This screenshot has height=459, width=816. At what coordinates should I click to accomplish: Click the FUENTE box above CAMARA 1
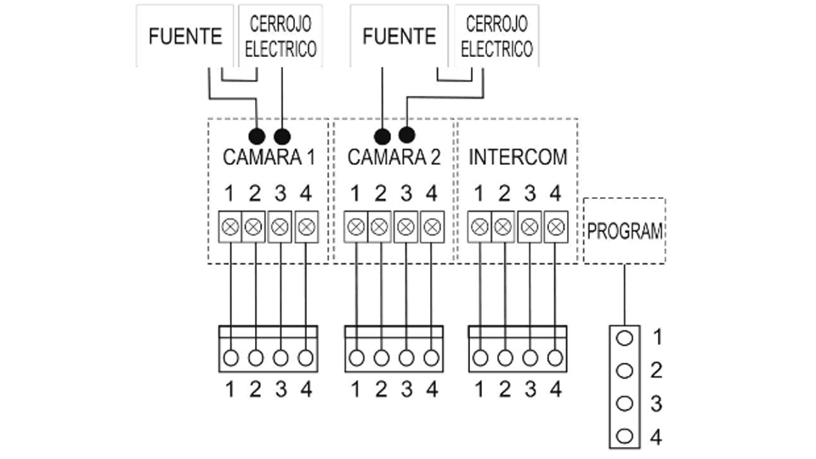(x=184, y=36)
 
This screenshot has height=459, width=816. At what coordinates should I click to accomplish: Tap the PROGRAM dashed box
(x=625, y=231)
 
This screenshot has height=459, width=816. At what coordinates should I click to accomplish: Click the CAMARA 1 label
(x=269, y=157)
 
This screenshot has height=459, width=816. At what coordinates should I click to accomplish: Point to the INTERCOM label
(x=518, y=157)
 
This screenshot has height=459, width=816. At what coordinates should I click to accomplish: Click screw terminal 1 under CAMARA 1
(x=230, y=227)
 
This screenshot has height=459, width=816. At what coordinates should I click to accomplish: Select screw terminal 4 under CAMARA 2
(x=432, y=227)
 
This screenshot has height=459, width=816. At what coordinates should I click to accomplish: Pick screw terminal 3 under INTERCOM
(x=530, y=227)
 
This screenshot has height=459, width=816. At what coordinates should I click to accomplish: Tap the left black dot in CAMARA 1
(x=257, y=135)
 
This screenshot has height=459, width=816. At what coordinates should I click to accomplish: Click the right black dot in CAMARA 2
(x=408, y=134)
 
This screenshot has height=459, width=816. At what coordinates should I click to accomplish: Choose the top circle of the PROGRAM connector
(x=625, y=337)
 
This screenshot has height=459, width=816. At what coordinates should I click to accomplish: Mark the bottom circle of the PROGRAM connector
(x=625, y=436)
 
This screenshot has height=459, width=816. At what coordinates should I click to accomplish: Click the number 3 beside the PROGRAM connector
(x=656, y=403)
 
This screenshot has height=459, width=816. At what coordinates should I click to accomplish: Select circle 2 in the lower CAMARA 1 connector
(x=255, y=358)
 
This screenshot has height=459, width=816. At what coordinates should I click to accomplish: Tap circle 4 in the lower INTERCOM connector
(x=556, y=358)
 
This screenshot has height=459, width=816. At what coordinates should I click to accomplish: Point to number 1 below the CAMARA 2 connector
(x=354, y=389)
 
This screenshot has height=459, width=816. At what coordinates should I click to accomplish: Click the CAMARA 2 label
(x=394, y=157)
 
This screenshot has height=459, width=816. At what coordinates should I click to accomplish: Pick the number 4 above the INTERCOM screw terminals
(x=555, y=192)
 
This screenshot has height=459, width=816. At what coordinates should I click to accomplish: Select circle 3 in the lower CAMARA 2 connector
(x=406, y=358)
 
